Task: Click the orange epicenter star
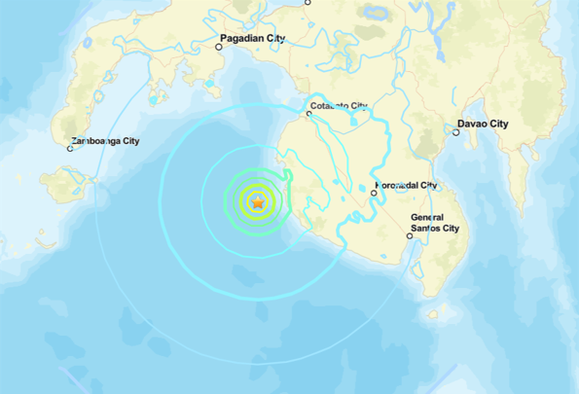tap(258, 202)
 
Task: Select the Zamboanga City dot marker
tap(70, 148)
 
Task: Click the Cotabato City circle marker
tap(308, 115)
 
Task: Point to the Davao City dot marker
tap(451, 132)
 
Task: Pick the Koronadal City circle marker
tap(374, 194)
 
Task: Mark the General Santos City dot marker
tap(410, 235)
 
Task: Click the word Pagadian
tap(243, 38)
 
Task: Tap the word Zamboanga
tap(98, 141)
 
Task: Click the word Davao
tap(472, 125)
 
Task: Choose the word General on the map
tap(427, 217)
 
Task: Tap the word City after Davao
tap(498, 125)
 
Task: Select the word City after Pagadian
tap(276, 38)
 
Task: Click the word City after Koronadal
tap(428, 185)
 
